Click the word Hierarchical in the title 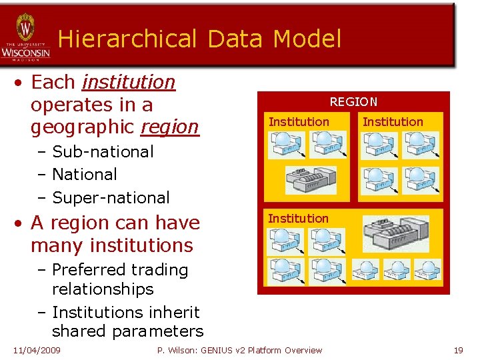(127, 39)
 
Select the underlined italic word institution (128, 82)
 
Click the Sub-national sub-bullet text (103, 152)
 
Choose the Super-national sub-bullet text (111, 198)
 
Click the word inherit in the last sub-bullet (175, 311)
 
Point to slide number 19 (458, 350)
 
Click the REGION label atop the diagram (353, 102)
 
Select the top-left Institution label (298, 122)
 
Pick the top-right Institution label (393, 122)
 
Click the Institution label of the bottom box (298, 219)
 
